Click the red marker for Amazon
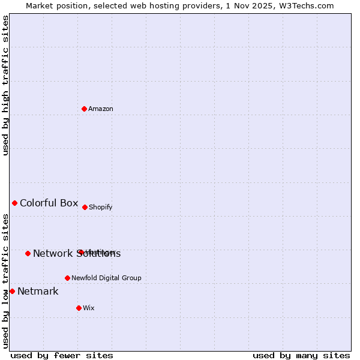click(x=84, y=109)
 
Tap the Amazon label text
click(x=101, y=109)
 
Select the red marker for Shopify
click(x=85, y=207)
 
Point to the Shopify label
click(x=101, y=208)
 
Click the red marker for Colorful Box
click(x=14, y=203)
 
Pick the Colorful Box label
click(x=49, y=203)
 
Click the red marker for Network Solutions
click(x=28, y=253)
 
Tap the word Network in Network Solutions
click(x=52, y=254)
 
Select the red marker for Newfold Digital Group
click(x=67, y=278)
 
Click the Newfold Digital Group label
click(x=106, y=278)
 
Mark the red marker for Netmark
click(x=12, y=291)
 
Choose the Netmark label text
click(x=38, y=292)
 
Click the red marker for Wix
click(x=79, y=308)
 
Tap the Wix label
click(x=89, y=308)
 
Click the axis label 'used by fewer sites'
click(x=62, y=355)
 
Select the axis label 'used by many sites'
click(x=301, y=355)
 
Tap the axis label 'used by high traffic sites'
click(x=5, y=85)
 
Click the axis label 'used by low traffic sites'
click(x=5, y=281)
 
